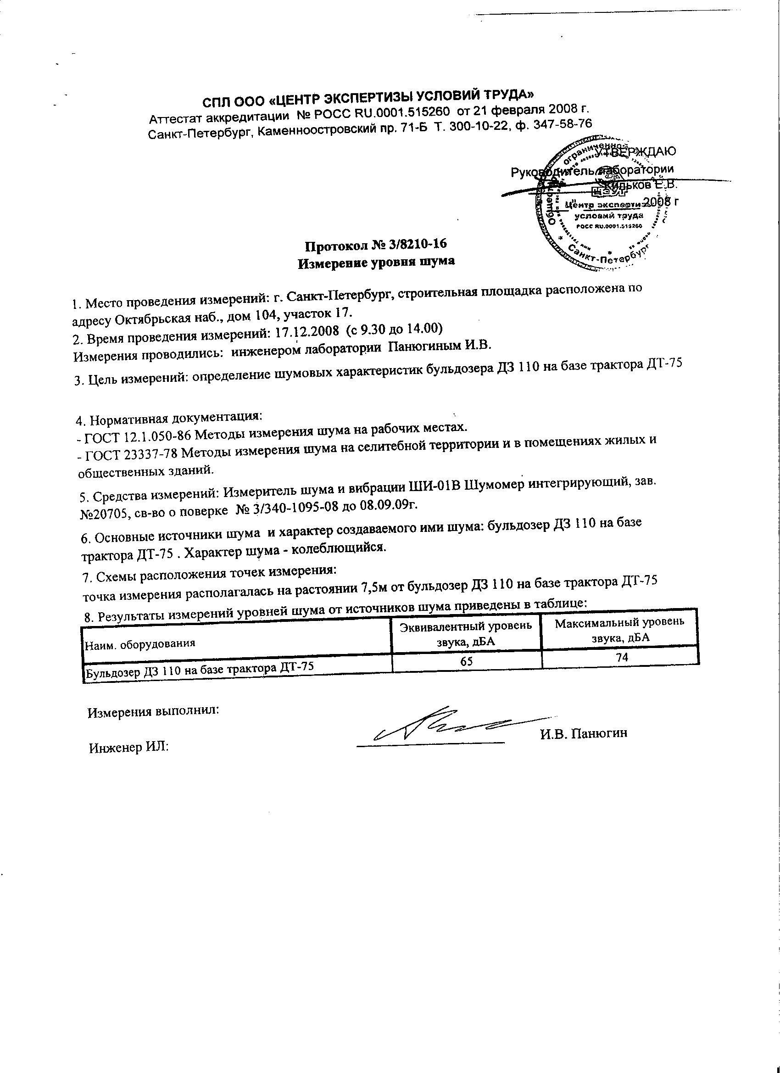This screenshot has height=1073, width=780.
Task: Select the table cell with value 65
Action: tap(466, 661)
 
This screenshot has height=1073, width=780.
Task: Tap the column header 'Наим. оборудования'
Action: tap(139, 644)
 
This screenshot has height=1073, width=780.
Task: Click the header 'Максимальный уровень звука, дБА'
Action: tap(620, 629)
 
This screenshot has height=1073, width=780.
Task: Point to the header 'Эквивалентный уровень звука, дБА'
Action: tap(466, 633)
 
